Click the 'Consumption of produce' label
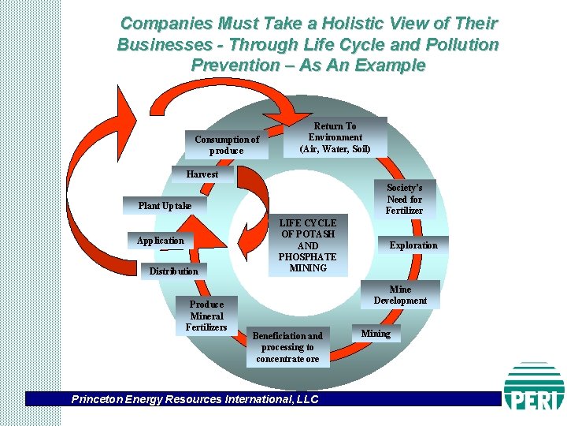(227, 144)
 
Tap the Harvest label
(202, 174)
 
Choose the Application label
(160, 241)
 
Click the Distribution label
(173, 271)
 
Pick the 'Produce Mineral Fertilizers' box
(206, 316)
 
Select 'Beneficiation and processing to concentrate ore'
(287, 347)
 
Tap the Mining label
(376, 334)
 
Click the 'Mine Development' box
(400, 295)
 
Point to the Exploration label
(413, 245)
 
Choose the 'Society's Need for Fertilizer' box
(404, 199)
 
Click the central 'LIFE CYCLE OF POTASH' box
(308, 245)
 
